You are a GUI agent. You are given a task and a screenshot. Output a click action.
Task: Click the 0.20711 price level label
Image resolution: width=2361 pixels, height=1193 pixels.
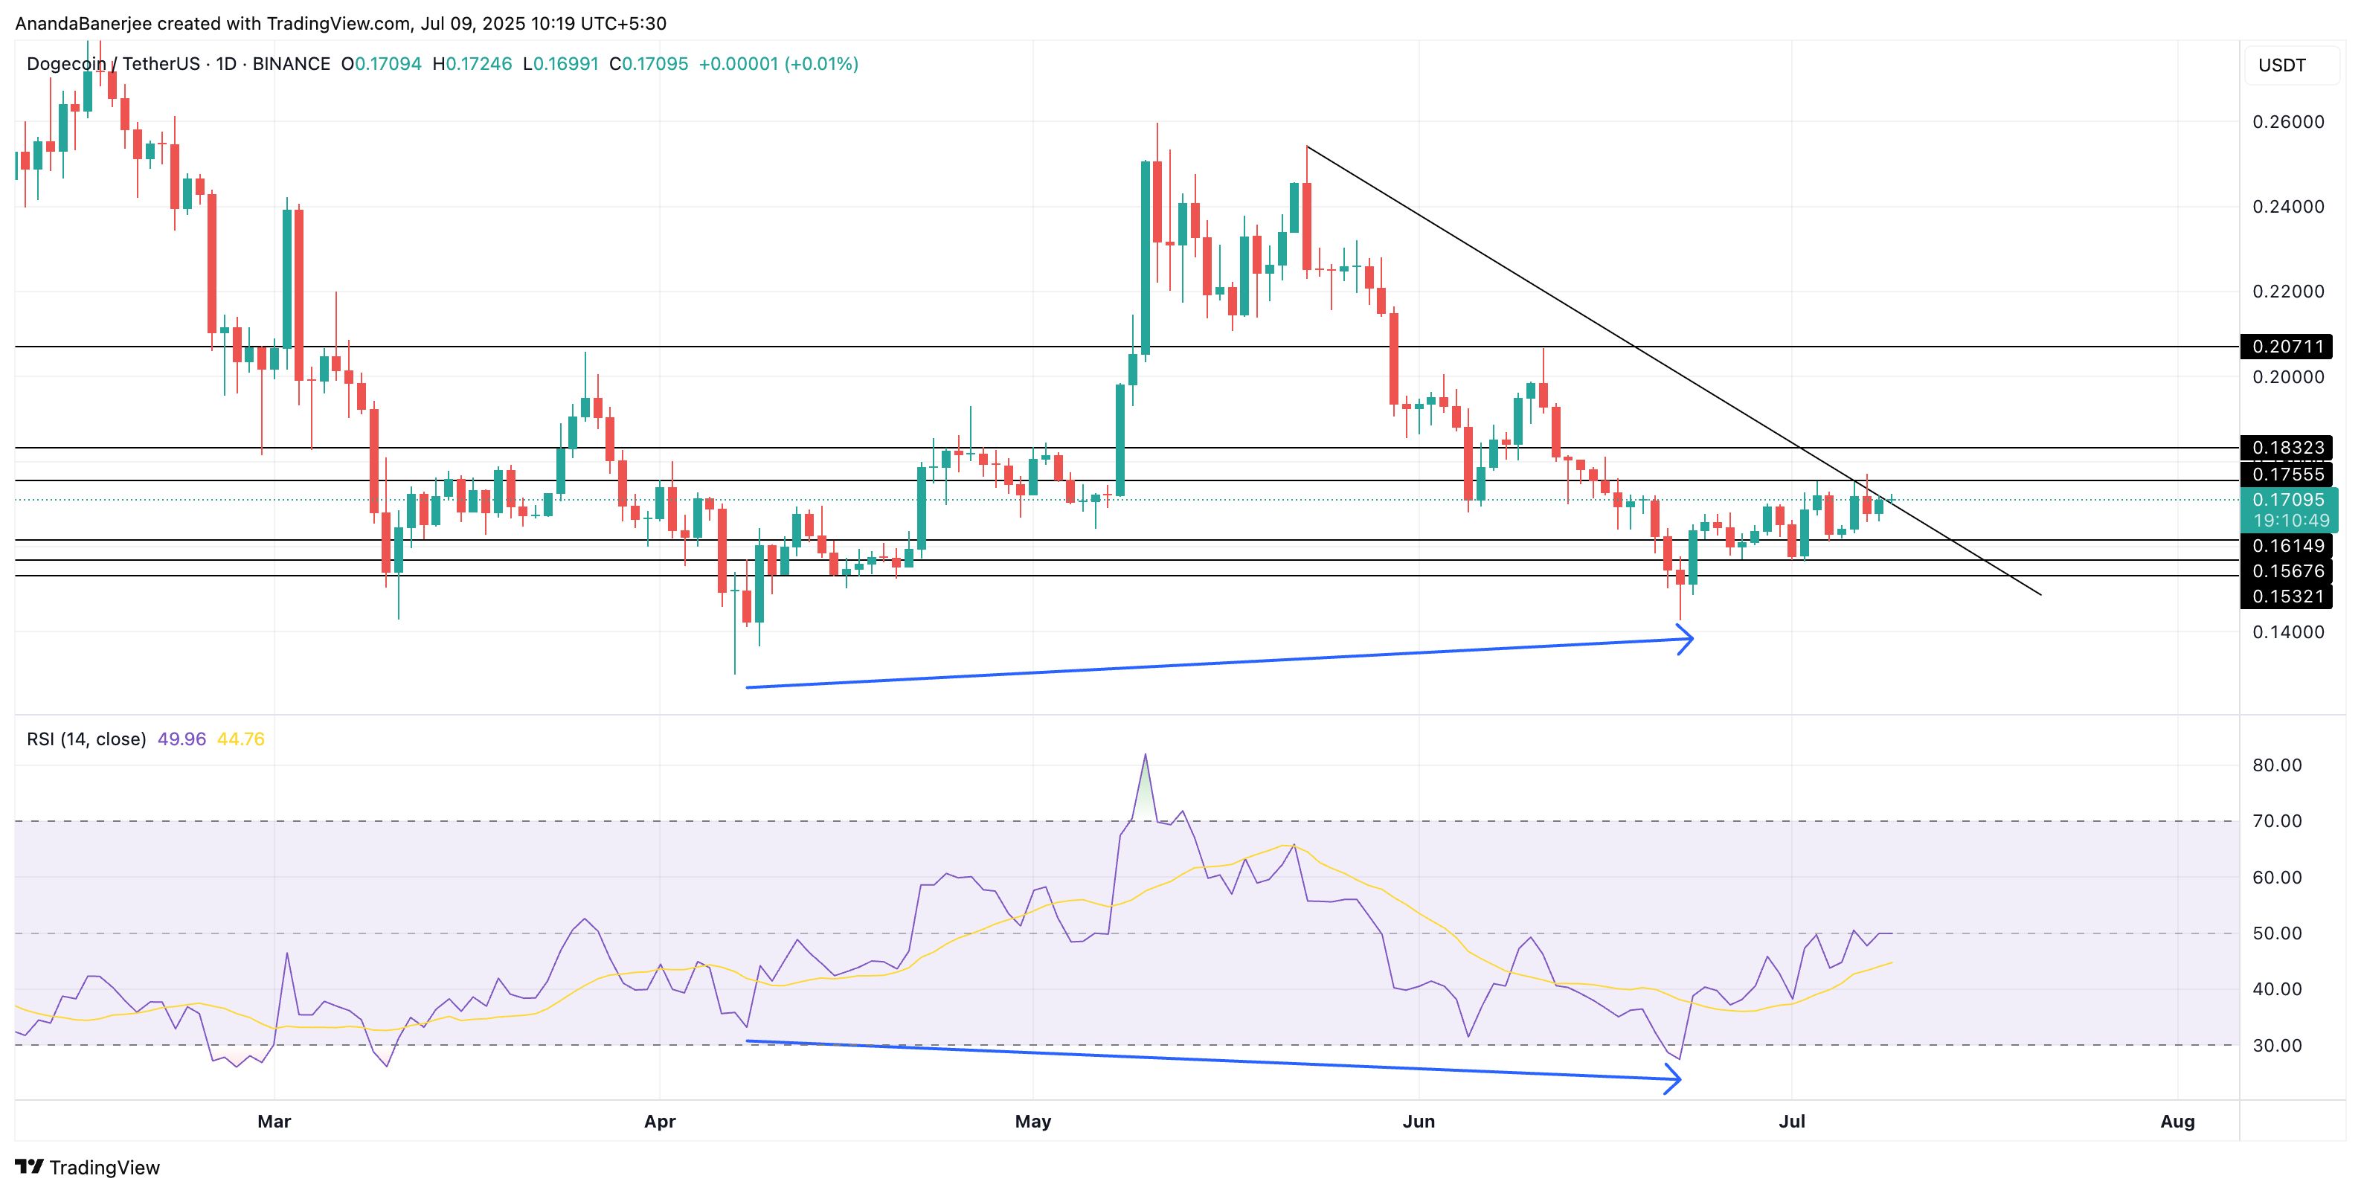coord(2287,347)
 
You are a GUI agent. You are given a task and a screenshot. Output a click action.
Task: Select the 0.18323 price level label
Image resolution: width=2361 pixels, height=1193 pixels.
coord(2287,448)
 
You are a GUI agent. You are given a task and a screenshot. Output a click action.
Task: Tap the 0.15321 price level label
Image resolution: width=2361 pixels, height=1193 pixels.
coord(2287,596)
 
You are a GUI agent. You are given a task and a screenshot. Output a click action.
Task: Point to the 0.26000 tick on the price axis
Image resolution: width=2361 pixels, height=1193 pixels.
coord(2287,122)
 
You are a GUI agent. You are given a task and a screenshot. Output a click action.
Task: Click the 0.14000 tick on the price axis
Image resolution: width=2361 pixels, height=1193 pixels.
coord(2287,631)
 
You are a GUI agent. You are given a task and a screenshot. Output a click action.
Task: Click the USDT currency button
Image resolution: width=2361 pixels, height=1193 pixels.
coord(2281,65)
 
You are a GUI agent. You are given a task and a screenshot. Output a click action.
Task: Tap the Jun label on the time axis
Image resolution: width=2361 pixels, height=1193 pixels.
coord(1418,1122)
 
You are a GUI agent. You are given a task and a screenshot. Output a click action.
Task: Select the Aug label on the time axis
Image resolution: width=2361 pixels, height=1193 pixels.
coord(2177,1122)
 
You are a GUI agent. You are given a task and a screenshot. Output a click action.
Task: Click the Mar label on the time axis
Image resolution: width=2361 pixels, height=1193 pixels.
coord(274,1122)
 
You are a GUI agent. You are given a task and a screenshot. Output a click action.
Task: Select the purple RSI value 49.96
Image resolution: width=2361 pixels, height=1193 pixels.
coord(182,739)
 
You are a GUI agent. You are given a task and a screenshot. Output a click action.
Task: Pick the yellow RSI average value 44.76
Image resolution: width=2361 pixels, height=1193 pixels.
coord(240,739)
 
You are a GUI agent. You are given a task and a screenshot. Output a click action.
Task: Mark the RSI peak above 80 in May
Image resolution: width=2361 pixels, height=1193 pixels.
coord(1145,756)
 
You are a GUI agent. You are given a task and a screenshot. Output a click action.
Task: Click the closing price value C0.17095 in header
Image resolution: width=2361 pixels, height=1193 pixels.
coord(648,64)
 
